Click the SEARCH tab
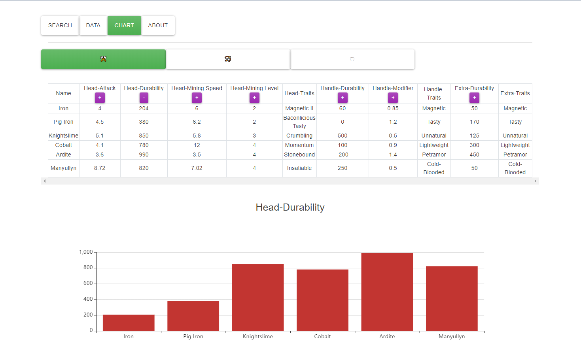tap(60, 25)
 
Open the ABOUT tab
tap(158, 25)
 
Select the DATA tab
tap(93, 25)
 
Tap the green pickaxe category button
tap(103, 59)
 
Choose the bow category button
tap(228, 59)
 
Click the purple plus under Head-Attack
tap(100, 98)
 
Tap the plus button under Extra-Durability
tap(474, 98)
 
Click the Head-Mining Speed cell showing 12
tap(197, 145)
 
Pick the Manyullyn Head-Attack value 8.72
tap(100, 168)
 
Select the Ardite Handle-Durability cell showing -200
tap(343, 155)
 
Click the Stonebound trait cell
tap(299, 155)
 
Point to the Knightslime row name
tap(64, 136)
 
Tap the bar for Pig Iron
tap(193, 316)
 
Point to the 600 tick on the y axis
tap(88, 283)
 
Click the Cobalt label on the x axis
tap(322, 336)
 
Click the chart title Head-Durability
tap(290, 207)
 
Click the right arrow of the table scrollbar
tap(535, 181)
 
